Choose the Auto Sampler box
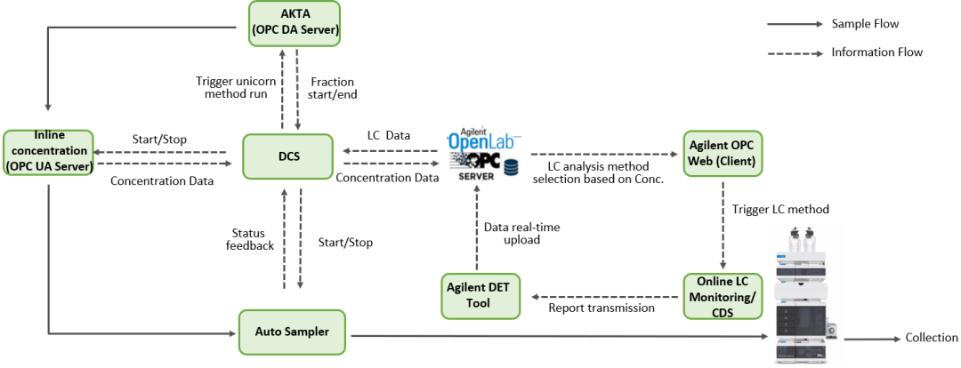tap(293, 332)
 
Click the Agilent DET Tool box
tap(481, 296)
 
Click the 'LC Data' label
tap(389, 135)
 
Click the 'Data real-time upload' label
tap(522, 234)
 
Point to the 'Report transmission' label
tap(602, 308)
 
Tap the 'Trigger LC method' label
tap(780, 209)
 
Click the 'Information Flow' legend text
tap(877, 52)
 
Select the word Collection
tap(932, 338)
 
